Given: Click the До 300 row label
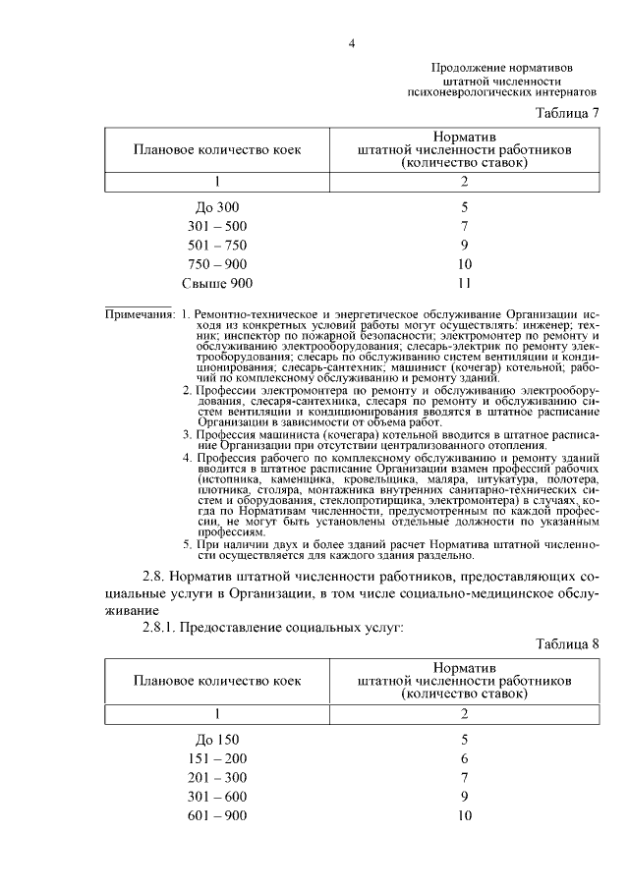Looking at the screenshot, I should pyautogui.click(x=217, y=207).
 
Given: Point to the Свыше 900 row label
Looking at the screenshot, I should pyautogui.click(x=217, y=284).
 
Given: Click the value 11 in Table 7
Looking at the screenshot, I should pyautogui.click(x=465, y=284).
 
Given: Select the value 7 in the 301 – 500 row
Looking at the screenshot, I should pyautogui.click(x=465, y=226).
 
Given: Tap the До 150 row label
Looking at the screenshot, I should pyautogui.click(x=217, y=739).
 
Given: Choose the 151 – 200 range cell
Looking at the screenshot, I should pyautogui.click(x=217, y=758).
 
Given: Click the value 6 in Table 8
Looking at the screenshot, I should pyautogui.click(x=465, y=758).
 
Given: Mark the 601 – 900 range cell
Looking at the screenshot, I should pyautogui.click(x=217, y=815).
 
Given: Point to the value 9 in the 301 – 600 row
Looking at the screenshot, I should pyautogui.click(x=465, y=797).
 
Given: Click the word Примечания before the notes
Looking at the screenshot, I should pyautogui.click(x=141, y=314).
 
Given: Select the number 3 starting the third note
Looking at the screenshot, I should pyautogui.click(x=187, y=433).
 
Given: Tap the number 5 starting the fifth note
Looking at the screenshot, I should pyautogui.click(x=187, y=543).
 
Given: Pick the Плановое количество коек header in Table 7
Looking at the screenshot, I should pyautogui.click(x=217, y=150).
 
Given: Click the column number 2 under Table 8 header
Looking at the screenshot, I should pyautogui.click(x=465, y=712).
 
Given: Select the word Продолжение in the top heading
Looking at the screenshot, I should pyautogui.click(x=466, y=67).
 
